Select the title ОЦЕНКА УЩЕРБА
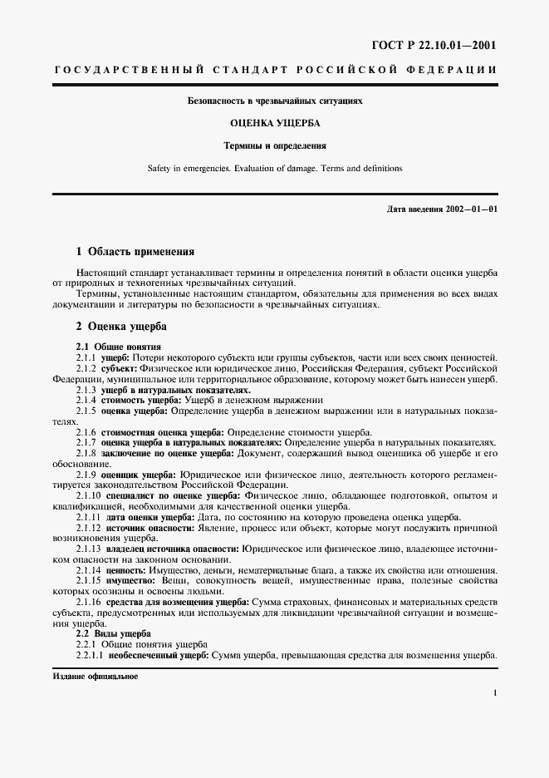(274, 123)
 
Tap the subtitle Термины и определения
(274, 145)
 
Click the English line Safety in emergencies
(274, 168)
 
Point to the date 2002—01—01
(473, 208)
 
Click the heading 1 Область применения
(135, 250)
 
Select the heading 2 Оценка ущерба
(121, 327)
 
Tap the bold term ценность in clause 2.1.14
(130, 571)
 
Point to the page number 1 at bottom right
(494, 692)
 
